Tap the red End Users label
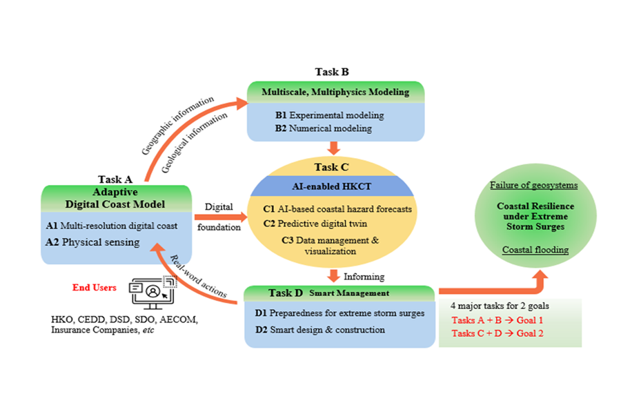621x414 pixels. pyautogui.click(x=95, y=287)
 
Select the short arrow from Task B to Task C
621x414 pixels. pyautogui.click(x=334, y=148)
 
